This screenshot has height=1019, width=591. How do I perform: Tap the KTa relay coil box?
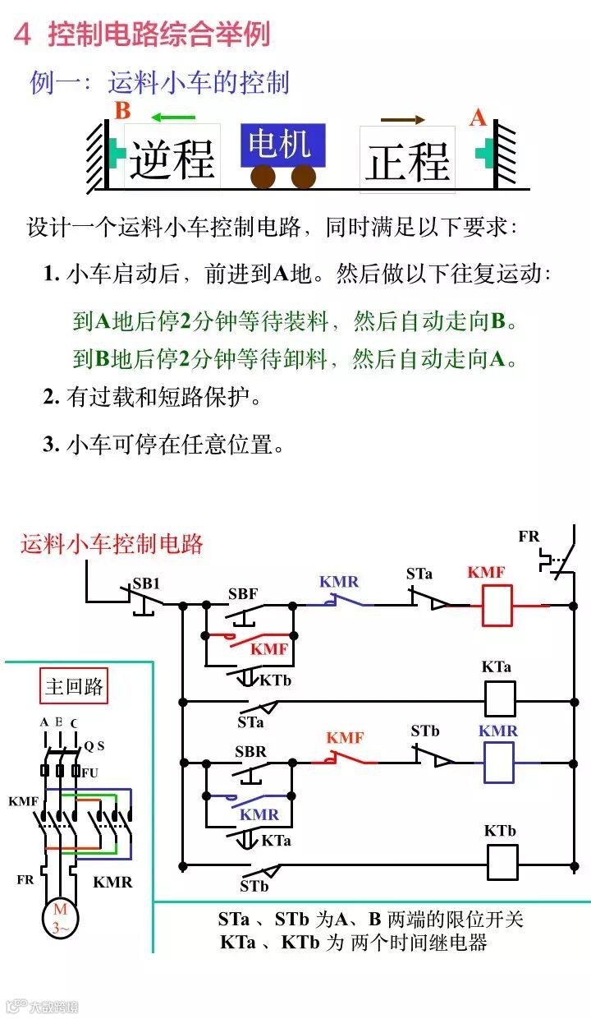[500, 699]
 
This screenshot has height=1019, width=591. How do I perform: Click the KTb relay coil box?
[502, 862]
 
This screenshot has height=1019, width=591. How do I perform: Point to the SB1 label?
[146, 583]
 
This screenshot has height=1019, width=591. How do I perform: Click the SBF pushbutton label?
[242, 593]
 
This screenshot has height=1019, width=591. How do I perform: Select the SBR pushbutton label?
[250, 751]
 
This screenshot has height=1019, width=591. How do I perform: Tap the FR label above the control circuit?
[529, 537]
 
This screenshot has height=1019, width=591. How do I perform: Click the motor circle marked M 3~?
[61, 918]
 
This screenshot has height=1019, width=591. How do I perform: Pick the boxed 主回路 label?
[74, 687]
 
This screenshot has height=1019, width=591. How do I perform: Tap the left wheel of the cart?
[263, 176]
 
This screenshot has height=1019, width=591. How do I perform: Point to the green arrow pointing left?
[173, 117]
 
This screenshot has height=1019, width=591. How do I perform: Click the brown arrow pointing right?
[402, 119]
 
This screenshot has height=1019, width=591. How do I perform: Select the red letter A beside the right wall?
[478, 118]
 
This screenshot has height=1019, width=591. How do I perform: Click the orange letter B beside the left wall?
[122, 111]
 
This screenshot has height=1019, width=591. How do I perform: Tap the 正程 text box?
[407, 159]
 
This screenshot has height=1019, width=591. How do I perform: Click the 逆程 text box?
[172, 157]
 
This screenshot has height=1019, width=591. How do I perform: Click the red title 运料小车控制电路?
[112, 543]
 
